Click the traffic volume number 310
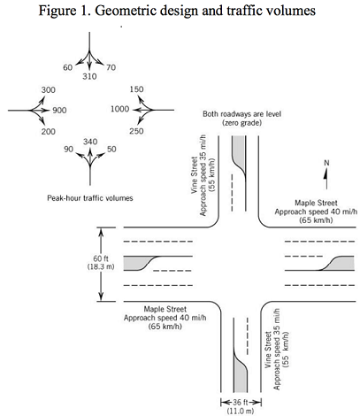89,76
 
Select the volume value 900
59,111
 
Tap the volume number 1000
119,109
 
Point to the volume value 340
90,142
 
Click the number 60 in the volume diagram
68,67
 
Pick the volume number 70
111,67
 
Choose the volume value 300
49,90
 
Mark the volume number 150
136,89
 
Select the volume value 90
69,150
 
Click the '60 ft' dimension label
101,258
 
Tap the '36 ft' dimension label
241,402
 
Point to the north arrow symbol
326,179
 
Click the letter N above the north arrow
326,163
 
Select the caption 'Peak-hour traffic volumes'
90,198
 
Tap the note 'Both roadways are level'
241,114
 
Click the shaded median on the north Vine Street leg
238,150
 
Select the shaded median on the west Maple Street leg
135,263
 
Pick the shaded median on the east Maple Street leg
342,264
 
